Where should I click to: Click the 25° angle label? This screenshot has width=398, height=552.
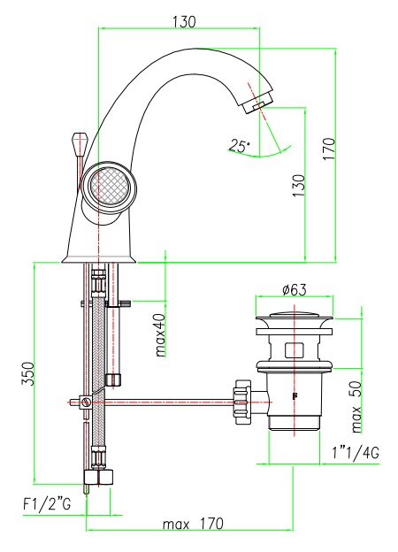click(x=240, y=146)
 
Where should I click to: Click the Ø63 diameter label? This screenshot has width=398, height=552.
click(x=295, y=290)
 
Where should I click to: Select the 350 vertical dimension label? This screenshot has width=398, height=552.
click(x=28, y=373)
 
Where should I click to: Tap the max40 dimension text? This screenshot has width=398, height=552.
click(x=160, y=334)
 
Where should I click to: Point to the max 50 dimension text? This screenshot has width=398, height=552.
click(x=356, y=407)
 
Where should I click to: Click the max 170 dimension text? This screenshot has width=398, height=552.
click(x=193, y=524)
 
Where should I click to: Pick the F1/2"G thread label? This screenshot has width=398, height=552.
click(x=47, y=504)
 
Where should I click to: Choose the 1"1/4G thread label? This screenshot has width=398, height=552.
click(x=356, y=453)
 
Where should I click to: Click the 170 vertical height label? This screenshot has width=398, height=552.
click(x=329, y=149)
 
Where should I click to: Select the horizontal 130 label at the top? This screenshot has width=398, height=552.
click(x=184, y=22)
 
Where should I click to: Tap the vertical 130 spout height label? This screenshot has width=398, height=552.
click(x=299, y=186)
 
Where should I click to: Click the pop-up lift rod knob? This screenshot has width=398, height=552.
click(x=79, y=142)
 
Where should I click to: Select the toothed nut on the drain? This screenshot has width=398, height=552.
click(x=243, y=402)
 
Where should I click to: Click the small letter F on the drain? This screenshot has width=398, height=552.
click(x=294, y=396)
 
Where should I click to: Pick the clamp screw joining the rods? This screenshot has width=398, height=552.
click(x=85, y=402)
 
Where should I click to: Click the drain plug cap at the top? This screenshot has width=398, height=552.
click(x=295, y=317)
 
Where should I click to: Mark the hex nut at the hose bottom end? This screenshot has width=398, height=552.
click(x=99, y=478)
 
